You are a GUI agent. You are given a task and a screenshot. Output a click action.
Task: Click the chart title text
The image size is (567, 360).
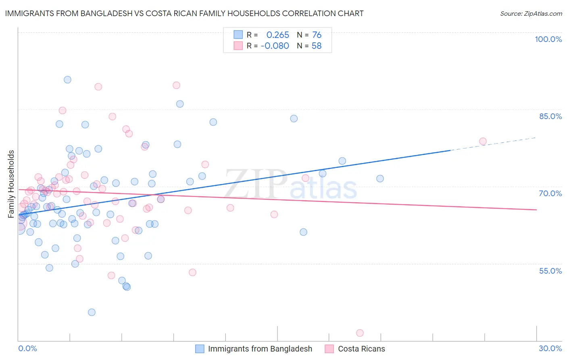(x=184, y=13)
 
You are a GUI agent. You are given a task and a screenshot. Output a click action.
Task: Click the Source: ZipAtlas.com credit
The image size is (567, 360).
(x=531, y=13)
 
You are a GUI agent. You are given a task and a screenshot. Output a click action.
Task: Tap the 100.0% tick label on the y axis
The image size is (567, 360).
(x=548, y=39)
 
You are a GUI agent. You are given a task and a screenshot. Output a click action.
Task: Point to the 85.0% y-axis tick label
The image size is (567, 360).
(x=550, y=116)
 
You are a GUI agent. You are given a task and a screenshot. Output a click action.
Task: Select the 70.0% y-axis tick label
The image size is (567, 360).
(x=550, y=193)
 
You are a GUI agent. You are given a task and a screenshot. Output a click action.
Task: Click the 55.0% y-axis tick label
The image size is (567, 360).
(x=550, y=271)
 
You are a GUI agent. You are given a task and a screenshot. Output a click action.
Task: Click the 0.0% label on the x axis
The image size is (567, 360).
(x=27, y=348)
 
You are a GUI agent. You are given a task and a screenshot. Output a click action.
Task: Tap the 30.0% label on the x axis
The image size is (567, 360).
(x=550, y=348)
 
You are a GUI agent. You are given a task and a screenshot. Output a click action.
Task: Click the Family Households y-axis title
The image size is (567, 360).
(x=11, y=184)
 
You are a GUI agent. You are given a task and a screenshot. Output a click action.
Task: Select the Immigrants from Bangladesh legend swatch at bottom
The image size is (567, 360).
(x=200, y=349)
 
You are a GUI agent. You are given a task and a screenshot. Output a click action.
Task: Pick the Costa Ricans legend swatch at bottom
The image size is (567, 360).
(x=329, y=349)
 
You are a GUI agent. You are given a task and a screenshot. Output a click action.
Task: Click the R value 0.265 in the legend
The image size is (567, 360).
(x=278, y=35)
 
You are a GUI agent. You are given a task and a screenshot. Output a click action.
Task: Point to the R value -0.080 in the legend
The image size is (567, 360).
(x=275, y=46)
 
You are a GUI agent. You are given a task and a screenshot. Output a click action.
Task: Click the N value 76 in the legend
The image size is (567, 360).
(x=317, y=35)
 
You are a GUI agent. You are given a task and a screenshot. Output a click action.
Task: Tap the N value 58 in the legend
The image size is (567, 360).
(x=317, y=46)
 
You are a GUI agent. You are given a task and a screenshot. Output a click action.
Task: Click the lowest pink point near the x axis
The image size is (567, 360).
(x=360, y=333)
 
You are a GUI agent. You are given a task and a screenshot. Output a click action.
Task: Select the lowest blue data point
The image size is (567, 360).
(x=92, y=312)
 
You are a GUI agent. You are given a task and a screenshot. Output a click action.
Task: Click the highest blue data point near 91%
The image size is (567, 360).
(x=67, y=80)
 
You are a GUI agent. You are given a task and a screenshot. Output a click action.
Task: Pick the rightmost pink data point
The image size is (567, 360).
(x=483, y=141)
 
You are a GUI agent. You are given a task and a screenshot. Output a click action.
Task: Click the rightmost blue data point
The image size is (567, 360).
(x=380, y=179)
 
